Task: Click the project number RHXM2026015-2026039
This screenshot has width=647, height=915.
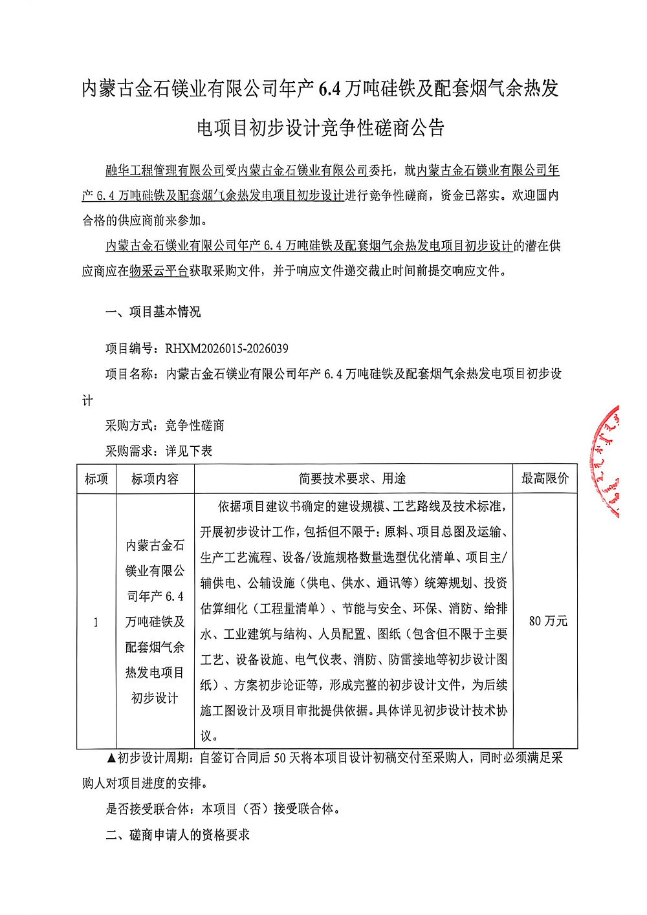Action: coord(226,349)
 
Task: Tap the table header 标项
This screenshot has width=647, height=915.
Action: coord(96,479)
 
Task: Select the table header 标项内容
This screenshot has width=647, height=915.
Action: coord(155,479)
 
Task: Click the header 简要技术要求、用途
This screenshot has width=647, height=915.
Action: coord(352,479)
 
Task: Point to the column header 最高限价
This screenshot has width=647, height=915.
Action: coord(545,479)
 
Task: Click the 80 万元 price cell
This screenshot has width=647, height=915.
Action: coord(547,621)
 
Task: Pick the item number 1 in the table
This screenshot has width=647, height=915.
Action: coord(96,622)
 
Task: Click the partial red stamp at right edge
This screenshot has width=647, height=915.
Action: coord(606,460)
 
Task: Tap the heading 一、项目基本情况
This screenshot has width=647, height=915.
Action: coord(153,312)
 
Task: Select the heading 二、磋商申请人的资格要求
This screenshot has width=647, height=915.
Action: coord(178,835)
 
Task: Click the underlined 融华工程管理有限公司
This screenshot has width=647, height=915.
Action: coord(165,170)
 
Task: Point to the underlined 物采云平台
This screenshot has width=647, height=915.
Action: coord(159,271)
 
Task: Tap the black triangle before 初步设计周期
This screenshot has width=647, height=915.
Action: coord(111,758)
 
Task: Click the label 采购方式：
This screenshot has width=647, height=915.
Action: coord(135,425)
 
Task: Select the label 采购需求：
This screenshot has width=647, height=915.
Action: coord(135,451)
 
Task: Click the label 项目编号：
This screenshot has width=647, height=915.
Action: coord(135,349)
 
